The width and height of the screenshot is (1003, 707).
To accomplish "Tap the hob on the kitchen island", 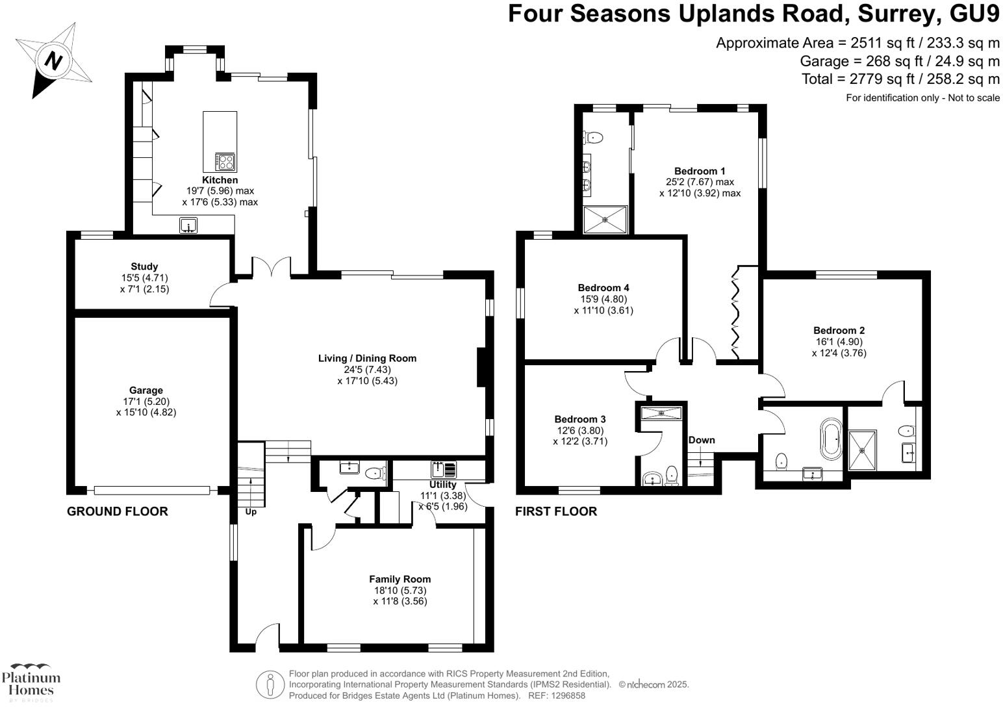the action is click(225, 162).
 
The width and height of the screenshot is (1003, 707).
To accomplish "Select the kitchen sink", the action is click(188, 225).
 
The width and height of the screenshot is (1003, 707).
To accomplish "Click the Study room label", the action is click(144, 266).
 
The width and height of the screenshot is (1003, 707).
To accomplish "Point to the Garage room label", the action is click(146, 391).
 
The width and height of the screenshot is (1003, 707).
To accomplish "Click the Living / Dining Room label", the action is click(367, 359).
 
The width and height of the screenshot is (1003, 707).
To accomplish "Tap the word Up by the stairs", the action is click(251, 511).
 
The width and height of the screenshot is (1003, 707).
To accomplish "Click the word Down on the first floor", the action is click(702, 440).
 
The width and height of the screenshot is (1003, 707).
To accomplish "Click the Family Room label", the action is click(400, 579).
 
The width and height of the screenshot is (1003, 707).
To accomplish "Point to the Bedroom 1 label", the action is click(700, 171).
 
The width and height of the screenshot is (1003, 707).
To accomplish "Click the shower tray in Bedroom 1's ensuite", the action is click(605, 220).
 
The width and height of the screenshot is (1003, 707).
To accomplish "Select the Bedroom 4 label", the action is click(603, 288).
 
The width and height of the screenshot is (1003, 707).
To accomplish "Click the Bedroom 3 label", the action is click(580, 419).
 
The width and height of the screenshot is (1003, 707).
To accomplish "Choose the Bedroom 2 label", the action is click(839, 331).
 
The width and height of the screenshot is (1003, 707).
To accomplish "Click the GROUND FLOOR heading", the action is click(118, 511).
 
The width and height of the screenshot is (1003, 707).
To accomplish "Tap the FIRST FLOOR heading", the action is click(555, 511).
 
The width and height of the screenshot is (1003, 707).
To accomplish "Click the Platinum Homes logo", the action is click(31, 682).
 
